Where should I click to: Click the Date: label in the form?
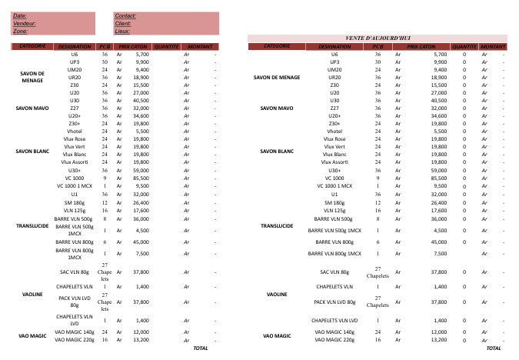(x=20, y=16)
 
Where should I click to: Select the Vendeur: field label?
(x=25, y=24)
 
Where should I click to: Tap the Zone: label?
(x=21, y=32)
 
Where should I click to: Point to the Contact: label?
(x=125, y=16)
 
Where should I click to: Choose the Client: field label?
(x=123, y=24)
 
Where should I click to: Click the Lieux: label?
(x=122, y=32)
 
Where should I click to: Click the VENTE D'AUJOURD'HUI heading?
(x=378, y=38)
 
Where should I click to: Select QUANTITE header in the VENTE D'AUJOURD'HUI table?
(x=464, y=46)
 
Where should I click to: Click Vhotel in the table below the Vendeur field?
(x=75, y=132)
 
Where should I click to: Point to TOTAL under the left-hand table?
(x=201, y=348)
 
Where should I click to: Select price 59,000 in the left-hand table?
(x=141, y=170)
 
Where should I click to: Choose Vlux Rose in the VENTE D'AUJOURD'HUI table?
(x=334, y=139)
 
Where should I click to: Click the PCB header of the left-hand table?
(x=105, y=46)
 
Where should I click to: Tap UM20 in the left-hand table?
(x=75, y=70)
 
